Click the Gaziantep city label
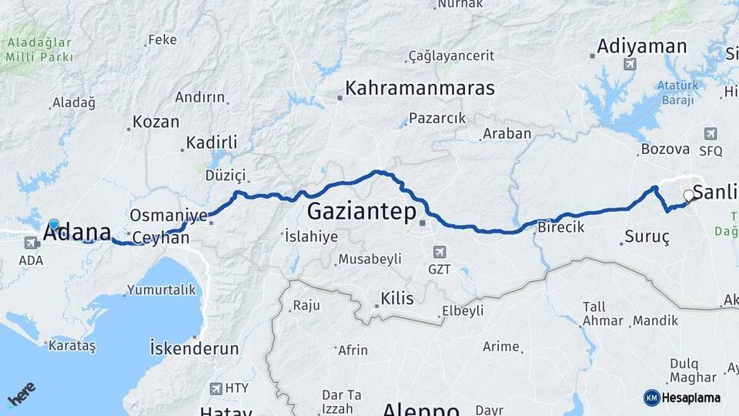tap(362, 211)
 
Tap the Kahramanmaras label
tap(420, 89)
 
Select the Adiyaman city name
tap(641, 46)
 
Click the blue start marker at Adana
tap(54, 225)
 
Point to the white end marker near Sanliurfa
tap(689, 196)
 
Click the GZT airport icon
tap(439, 252)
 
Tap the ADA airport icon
tap(32, 243)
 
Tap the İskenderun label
tap(195, 348)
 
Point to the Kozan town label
tap(155, 122)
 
